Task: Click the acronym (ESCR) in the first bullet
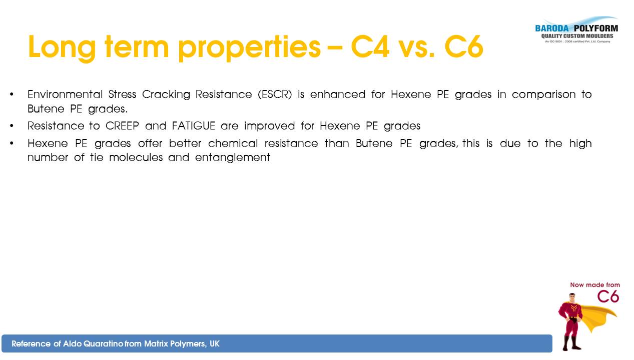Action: (x=275, y=94)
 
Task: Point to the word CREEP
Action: (x=122, y=126)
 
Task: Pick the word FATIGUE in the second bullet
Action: (x=194, y=126)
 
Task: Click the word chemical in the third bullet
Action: (x=233, y=143)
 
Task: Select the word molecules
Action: (x=136, y=157)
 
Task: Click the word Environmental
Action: (x=65, y=94)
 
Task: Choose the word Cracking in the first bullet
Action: (x=166, y=94)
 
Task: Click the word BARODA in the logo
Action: (x=551, y=28)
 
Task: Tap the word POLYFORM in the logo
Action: (x=596, y=28)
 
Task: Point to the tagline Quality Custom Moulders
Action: (x=577, y=36)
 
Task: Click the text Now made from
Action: (x=595, y=285)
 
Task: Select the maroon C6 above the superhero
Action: (x=608, y=297)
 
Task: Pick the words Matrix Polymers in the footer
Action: (x=175, y=344)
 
